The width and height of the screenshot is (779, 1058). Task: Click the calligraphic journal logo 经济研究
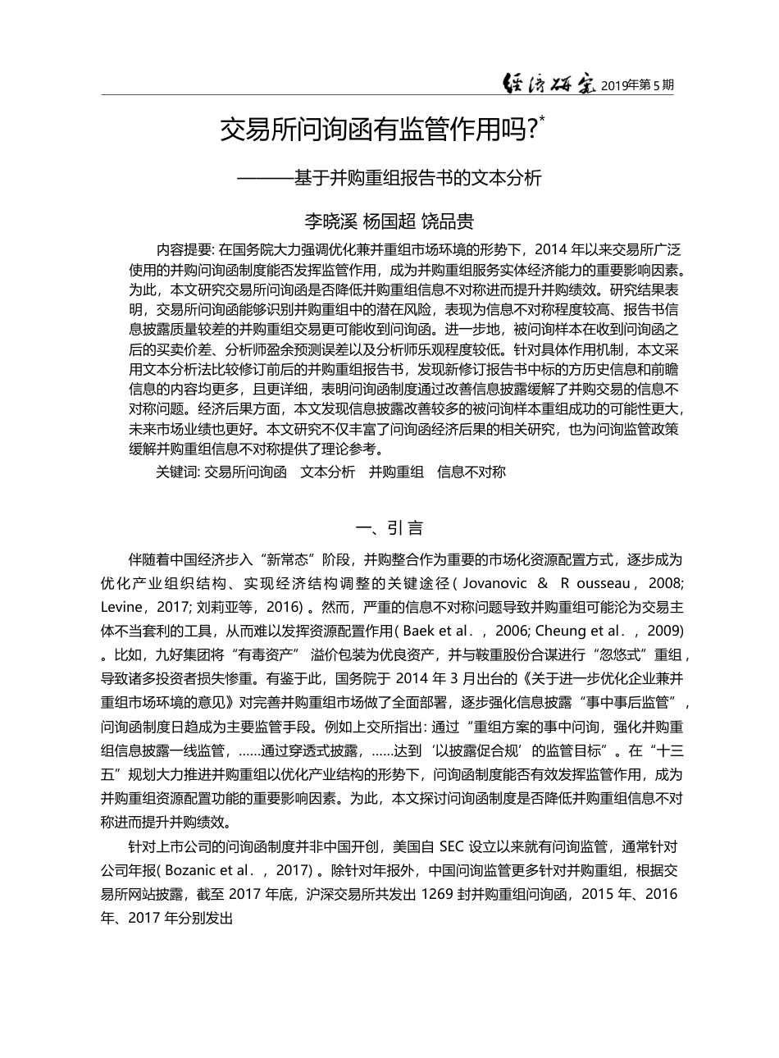549,82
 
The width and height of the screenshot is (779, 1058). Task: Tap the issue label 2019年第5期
637,84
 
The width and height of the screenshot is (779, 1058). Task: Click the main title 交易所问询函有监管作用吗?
377,130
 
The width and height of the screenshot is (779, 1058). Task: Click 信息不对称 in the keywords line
471,472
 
